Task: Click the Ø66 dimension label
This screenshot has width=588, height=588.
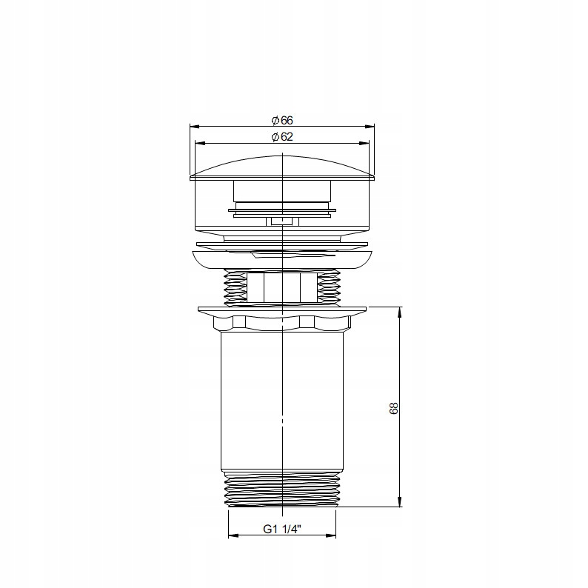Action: tap(282, 121)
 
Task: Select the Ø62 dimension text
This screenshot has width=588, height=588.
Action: tap(282, 137)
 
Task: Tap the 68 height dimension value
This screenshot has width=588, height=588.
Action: tap(393, 408)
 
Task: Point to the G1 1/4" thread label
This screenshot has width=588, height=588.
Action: tap(282, 529)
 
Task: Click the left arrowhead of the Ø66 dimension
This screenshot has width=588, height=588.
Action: tap(195, 127)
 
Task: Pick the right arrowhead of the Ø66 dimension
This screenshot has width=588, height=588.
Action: tap(370, 127)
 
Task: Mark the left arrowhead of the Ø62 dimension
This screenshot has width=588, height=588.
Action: tap(200, 143)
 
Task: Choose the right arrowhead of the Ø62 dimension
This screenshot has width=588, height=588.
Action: tap(364, 143)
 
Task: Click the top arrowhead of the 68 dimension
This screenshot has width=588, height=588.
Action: tap(400, 312)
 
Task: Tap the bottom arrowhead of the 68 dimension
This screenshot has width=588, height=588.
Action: tap(400, 502)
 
